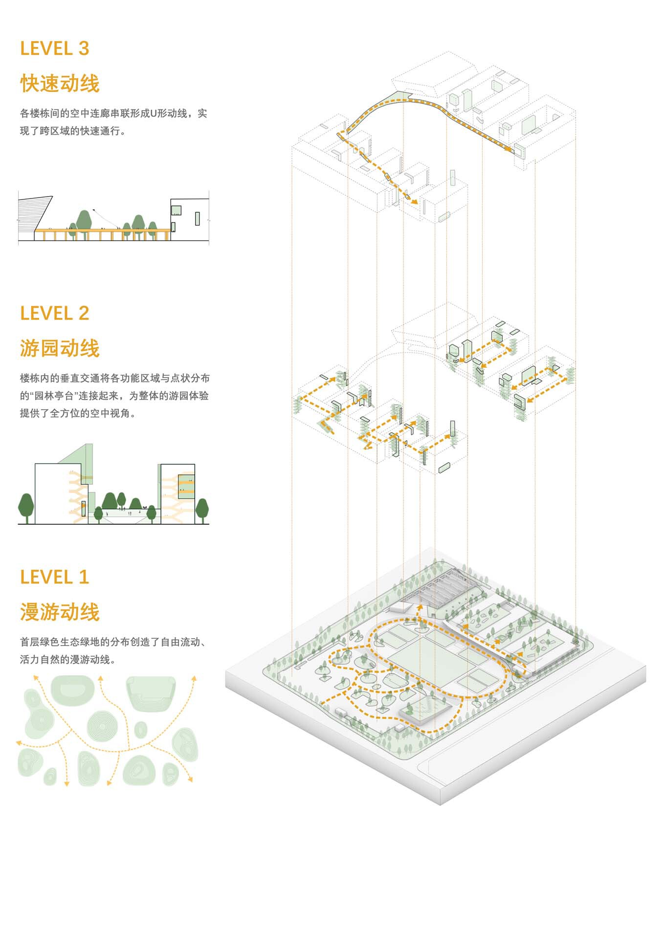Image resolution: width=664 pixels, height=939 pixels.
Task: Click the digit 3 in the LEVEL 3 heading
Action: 84,48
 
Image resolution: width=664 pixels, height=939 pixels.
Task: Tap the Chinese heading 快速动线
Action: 60,83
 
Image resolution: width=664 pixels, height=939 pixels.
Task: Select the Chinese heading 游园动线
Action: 60,348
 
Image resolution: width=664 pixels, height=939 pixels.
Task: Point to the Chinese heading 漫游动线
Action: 60,612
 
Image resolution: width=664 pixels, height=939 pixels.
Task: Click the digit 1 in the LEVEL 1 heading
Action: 84,577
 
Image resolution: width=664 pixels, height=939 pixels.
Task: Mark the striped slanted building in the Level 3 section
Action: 35,216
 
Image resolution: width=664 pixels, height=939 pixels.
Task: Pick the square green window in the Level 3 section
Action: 176,210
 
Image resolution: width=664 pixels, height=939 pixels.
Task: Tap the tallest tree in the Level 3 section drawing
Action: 84,223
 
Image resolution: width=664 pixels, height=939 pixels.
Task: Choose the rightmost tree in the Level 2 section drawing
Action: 202,510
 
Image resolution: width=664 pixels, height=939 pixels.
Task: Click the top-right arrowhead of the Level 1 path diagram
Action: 194,678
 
